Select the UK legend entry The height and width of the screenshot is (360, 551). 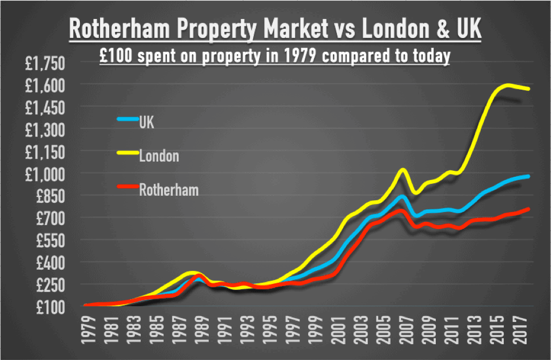(147, 122)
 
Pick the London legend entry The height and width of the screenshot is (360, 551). (159, 157)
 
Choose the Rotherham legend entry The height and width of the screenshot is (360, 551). (168, 190)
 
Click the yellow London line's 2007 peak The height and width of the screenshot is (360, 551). (402, 170)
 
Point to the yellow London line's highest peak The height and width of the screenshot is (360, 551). (508, 85)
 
